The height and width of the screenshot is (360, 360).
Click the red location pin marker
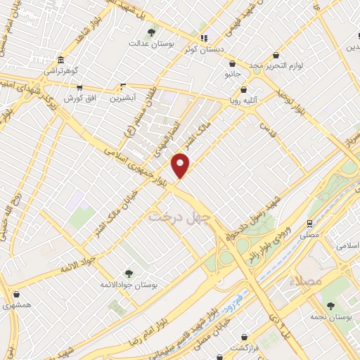181,165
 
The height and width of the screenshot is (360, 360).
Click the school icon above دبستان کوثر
204,39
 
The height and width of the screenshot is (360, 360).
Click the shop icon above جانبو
232,62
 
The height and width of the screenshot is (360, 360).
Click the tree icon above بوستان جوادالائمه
128,273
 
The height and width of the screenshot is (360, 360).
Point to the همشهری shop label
17,305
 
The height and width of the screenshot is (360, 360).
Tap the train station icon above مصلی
309,223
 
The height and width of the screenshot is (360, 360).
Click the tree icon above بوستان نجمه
330,306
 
